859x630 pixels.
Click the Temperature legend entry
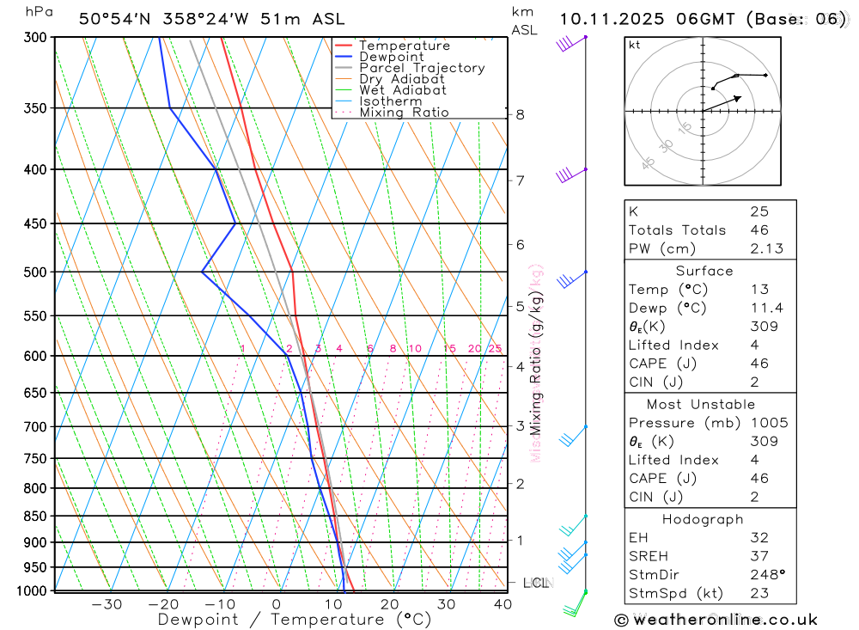404,46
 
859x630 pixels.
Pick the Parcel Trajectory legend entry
421,68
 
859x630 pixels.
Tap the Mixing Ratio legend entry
404,112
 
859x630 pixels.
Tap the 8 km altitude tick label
520,114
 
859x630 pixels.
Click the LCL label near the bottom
535,584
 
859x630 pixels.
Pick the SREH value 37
758,556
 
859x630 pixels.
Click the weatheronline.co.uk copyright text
716,620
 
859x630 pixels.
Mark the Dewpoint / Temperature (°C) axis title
294,620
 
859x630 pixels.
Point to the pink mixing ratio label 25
495,348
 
